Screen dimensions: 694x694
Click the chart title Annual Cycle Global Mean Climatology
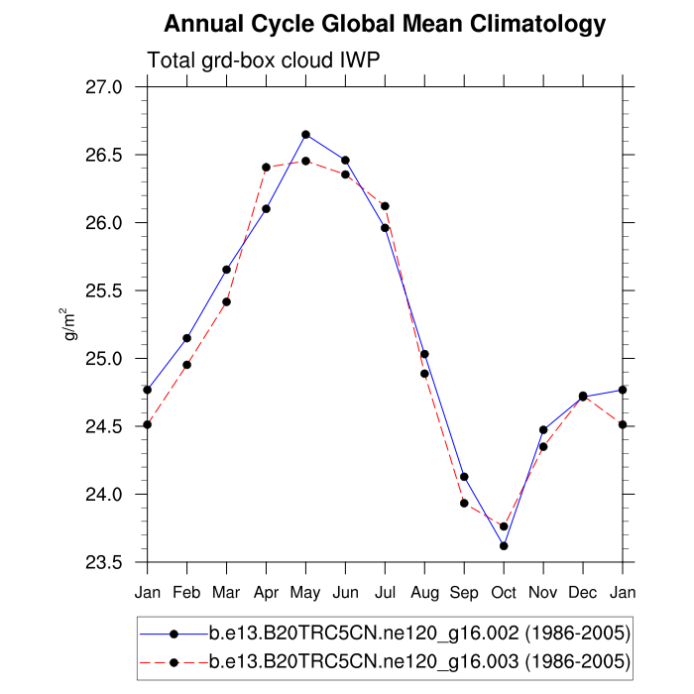point(385,23)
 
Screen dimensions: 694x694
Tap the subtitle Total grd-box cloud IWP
point(264,60)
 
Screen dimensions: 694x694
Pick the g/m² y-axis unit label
point(72,324)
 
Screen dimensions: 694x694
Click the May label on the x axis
point(305,593)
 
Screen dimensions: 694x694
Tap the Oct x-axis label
point(504,593)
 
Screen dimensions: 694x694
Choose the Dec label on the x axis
point(583,593)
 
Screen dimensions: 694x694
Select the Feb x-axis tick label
point(186,593)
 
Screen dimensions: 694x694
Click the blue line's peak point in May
point(305,134)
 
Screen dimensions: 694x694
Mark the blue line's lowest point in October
point(504,546)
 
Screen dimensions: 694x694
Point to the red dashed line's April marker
point(266,168)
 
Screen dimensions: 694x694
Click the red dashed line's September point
point(464,503)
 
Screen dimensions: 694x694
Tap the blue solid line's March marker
point(226,270)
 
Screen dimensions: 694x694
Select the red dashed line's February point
point(186,365)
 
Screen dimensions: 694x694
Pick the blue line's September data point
point(464,477)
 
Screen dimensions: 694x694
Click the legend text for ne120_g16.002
point(419,633)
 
